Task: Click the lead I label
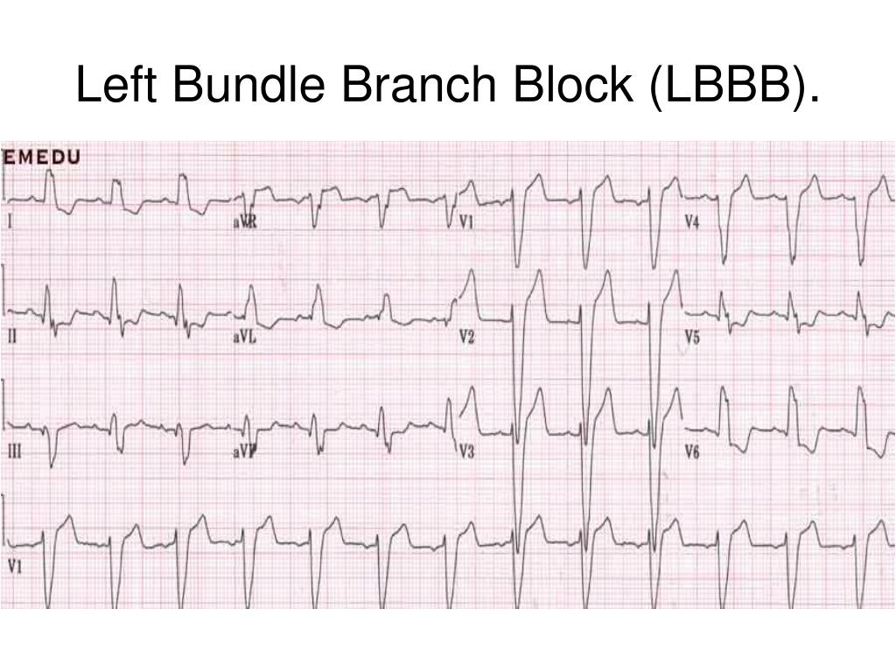point(10,223)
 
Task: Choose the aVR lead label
point(245,223)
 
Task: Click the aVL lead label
point(244,338)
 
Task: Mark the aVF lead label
point(245,451)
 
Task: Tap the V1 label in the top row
point(466,223)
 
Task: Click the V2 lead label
point(466,338)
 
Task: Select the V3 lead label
point(466,452)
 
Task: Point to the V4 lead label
point(691,223)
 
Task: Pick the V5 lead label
point(691,338)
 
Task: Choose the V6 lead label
point(691,452)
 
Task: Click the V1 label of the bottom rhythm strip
point(14,565)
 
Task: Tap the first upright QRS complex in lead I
point(49,186)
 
